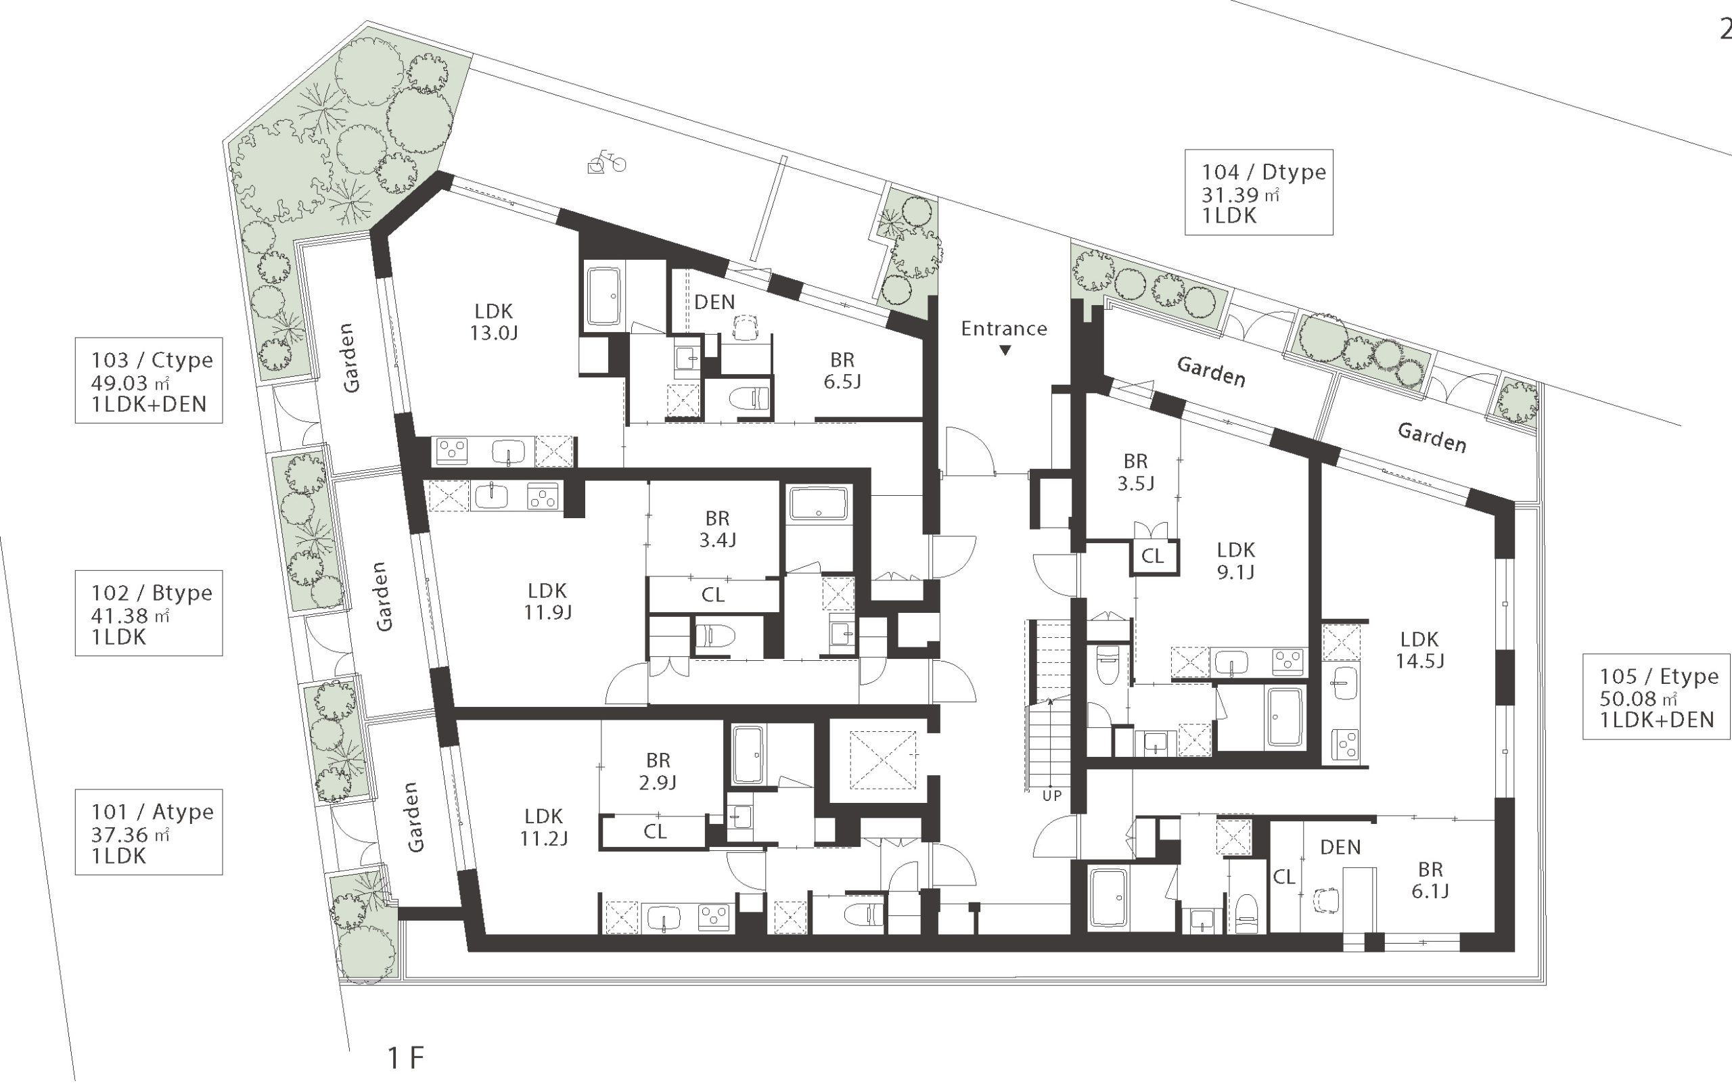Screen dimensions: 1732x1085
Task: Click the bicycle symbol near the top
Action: pyautogui.click(x=606, y=162)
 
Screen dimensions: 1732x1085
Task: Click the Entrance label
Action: pyautogui.click(x=1003, y=329)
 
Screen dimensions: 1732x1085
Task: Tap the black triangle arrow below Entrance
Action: pyautogui.click(x=1005, y=350)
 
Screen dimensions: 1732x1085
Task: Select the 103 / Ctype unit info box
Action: pyautogui.click(x=149, y=380)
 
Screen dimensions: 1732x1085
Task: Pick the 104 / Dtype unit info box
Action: pyautogui.click(x=1258, y=192)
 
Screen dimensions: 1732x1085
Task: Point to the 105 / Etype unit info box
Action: pyautogui.click(x=1657, y=696)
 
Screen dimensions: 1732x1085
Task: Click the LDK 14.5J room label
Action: pyautogui.click(x=1419, y=650)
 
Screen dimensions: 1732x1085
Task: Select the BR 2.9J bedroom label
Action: pyautogui.click(x=658, y=770)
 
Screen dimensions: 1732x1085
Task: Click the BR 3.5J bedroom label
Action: pyautogui.click(x=1135, y=472)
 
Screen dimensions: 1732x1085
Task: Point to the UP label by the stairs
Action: pyautogui.click(x=1051, y=795)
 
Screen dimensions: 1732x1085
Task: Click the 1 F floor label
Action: pyautogui.click(x=406, y=1057)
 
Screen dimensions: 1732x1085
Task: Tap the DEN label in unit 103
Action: pyautogui.click(x=714, y=302)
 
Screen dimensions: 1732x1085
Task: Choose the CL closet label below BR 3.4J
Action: pyautogui.click(x=712, y=594)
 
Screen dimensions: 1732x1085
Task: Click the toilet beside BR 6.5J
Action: pyautogui.click(x=750, y=397)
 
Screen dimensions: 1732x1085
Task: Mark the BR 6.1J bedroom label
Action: pyautogui.click(x=1430, y=881)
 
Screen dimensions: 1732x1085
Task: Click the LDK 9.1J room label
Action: pyautogui.click(x=1235, y=561)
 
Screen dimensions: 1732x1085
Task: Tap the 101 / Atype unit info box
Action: pyautogui.click(x=149, y=833)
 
